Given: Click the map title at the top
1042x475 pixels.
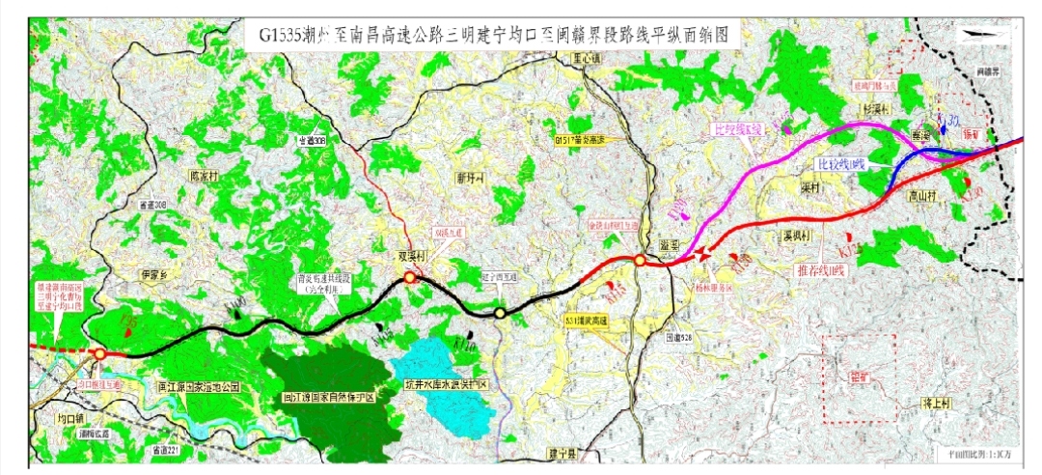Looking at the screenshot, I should [491, 37].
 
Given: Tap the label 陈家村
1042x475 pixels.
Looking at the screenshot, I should [207, 178].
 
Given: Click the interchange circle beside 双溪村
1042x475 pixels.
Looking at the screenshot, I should [410, 278].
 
